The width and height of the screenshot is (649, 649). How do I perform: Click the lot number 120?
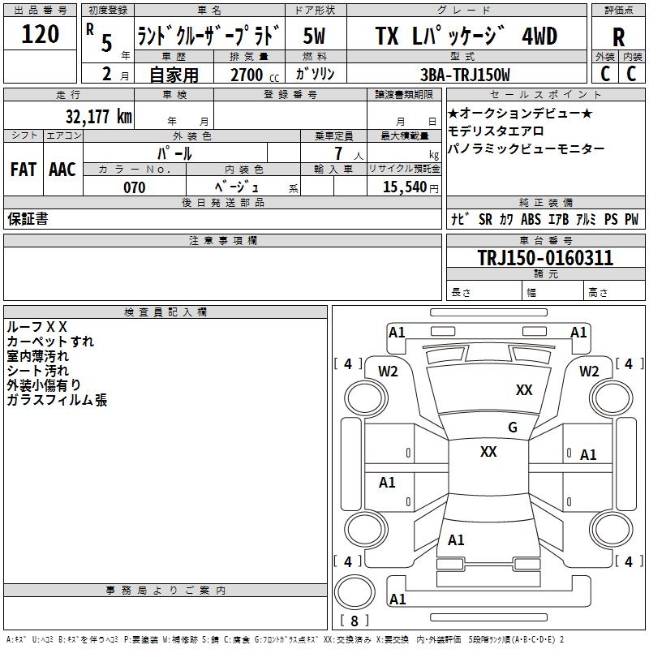41,35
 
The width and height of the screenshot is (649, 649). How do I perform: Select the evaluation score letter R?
618,37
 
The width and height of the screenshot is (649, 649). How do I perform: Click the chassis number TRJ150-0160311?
545,258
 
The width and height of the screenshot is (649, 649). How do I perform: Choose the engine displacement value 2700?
247,75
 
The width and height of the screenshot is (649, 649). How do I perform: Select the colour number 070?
134,187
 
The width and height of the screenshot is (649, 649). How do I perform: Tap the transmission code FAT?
23,170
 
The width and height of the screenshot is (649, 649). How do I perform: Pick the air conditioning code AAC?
62,170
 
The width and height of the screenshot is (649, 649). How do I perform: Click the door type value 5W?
315,37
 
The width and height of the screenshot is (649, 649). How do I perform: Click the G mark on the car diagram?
513,428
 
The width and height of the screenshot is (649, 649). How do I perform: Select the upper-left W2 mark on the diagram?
389,372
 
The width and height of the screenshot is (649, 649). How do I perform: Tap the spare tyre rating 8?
354,621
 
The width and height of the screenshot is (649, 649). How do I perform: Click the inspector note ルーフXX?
37,326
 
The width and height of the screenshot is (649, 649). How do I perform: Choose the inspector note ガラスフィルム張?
57,400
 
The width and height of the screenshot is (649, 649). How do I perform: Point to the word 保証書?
28,219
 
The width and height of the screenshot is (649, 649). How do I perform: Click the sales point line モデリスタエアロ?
496,131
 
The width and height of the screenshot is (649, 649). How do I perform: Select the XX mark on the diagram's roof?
488,452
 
